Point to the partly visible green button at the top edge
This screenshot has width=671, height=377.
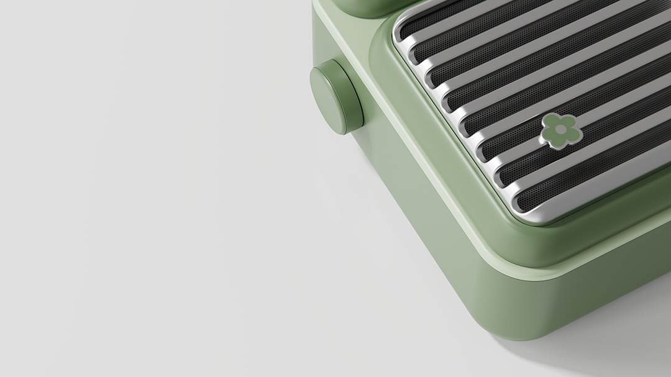367,6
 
